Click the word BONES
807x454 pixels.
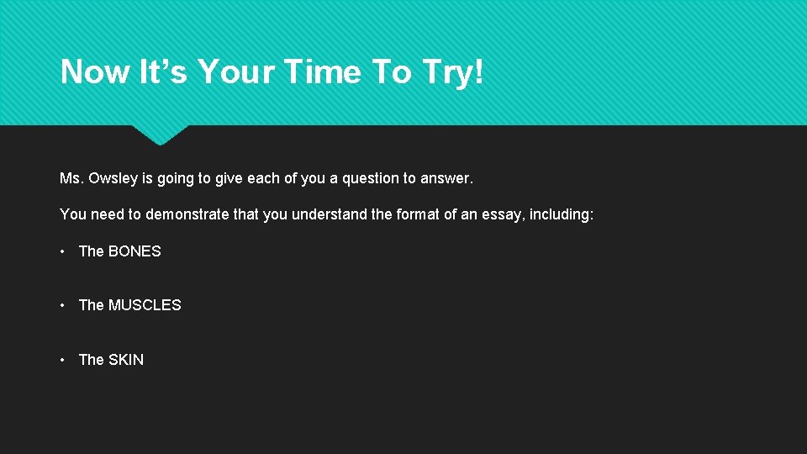[x=134, y=251]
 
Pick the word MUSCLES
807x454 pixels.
[x=145, y=305]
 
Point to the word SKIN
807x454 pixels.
[x=126, y=360]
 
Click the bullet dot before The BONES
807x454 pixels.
[x=64, y=251]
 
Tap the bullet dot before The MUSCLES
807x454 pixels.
[x=64, y=305]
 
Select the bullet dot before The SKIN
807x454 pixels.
[x=64, y=360]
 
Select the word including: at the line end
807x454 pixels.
[x=562, y=214]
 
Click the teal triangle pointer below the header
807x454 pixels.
[x=160, y=135]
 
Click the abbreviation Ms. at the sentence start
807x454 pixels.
[x=71, y=178]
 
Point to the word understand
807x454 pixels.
[x=330, y=214]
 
